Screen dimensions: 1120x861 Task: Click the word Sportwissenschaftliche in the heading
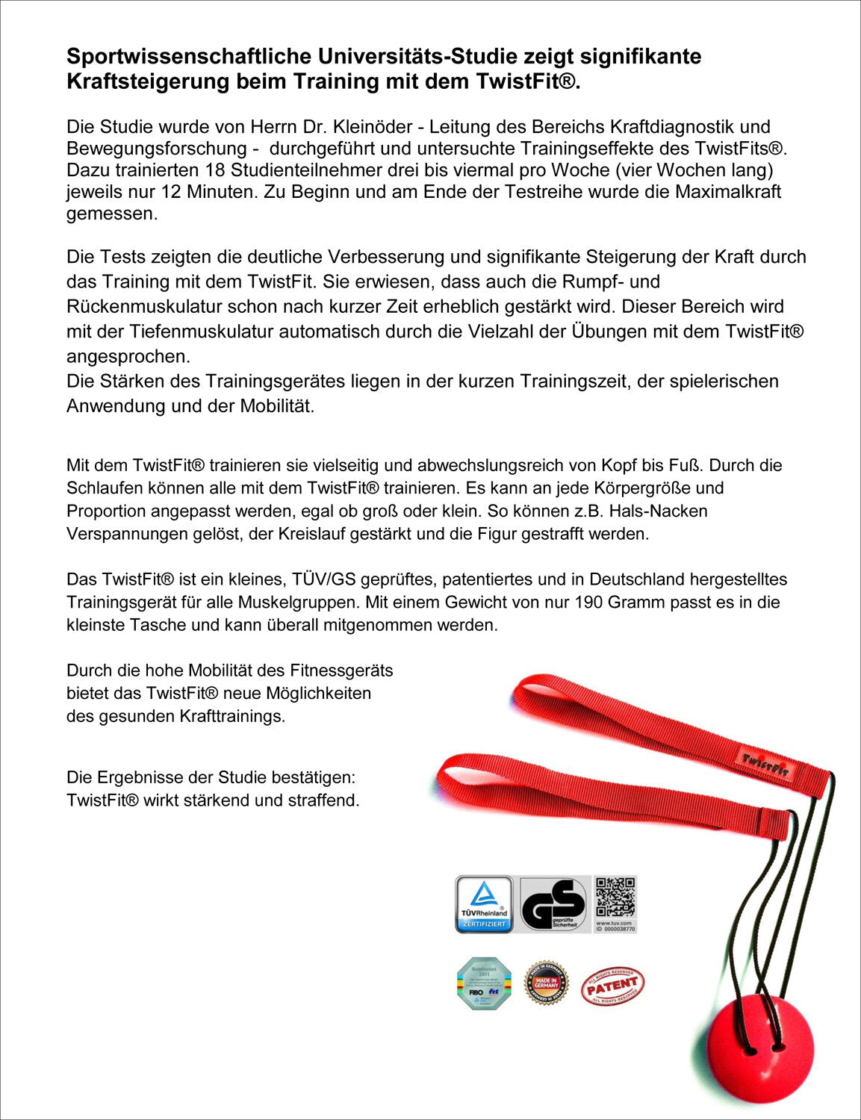(189, 57)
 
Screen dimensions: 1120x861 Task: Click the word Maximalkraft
(728, 192)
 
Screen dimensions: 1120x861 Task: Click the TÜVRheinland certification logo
(484, 904)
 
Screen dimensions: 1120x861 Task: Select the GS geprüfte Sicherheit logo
(553, 904)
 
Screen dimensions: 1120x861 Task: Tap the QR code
(615, 898)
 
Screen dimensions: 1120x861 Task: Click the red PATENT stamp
(612, 986)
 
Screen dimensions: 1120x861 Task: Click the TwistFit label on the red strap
(765, 765)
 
